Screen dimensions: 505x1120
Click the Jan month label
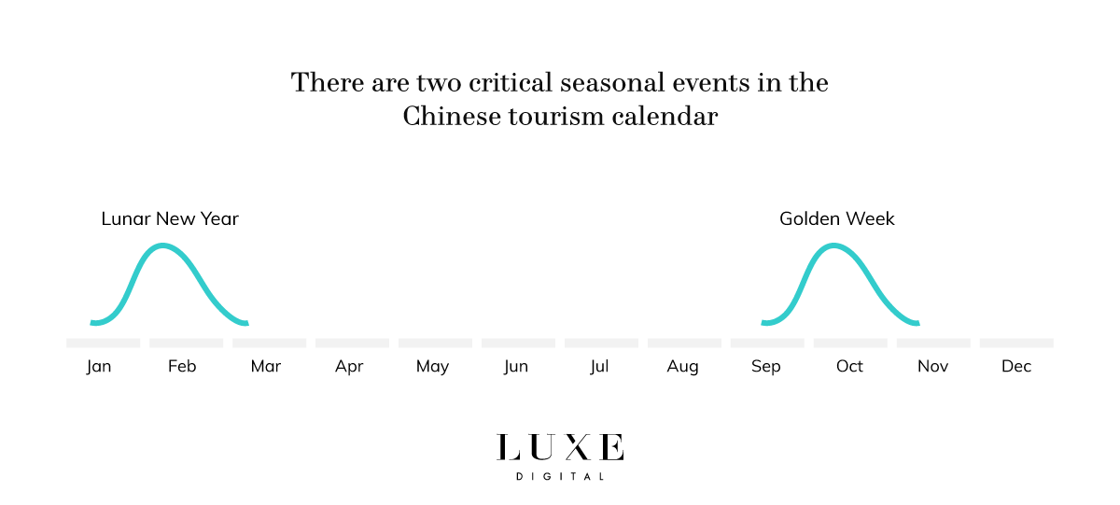(x=99, y=366)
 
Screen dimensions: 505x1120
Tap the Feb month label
(x=182, y=366)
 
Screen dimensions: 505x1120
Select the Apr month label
(x=349, y=366)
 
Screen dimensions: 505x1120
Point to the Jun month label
(x=516, y=366)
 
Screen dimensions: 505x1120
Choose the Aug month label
(x=682, y=366)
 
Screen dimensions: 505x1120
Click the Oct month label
(x=849, y=366)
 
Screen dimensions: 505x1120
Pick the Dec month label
(x=1016, y=366)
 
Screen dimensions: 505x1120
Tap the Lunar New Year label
(x=170, y=219)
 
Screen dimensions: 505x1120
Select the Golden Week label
(x=837, y=219)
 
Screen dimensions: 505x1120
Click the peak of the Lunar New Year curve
(x=163, y=245)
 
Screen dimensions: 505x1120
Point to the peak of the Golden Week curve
(x=833, y=245)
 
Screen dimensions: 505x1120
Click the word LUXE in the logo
(x=560, y=448)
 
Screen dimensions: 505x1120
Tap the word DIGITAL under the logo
(x=560, y=477)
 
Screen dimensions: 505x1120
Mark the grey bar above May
(x=435, y=343)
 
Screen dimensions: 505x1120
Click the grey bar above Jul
(x=601, y=343)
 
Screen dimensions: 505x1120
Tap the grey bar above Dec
(x=1016, y=343)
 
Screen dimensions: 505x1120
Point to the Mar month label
(x=266, y=366)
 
